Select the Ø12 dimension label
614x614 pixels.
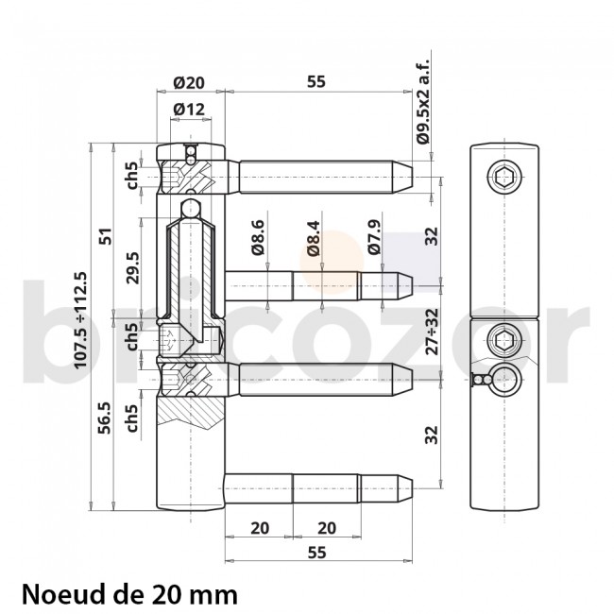point(189,110)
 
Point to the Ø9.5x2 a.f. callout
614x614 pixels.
point(422,101)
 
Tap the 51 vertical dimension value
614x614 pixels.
point(106,234)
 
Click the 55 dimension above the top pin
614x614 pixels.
point(316,82)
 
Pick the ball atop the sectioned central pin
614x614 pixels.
point(190,207)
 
